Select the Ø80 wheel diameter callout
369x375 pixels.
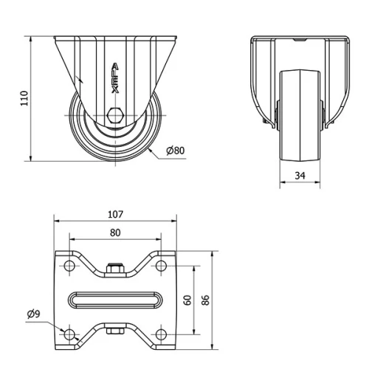click(x=175, y=151)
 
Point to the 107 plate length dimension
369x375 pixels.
click(x=115, y=215)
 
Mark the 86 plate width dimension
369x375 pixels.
click(x=206, y=300)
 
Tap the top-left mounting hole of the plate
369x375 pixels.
click(x=70, y=266)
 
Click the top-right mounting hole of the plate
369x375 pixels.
click(x=160, y=266)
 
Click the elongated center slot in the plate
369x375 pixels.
click(x=115, y=300)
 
